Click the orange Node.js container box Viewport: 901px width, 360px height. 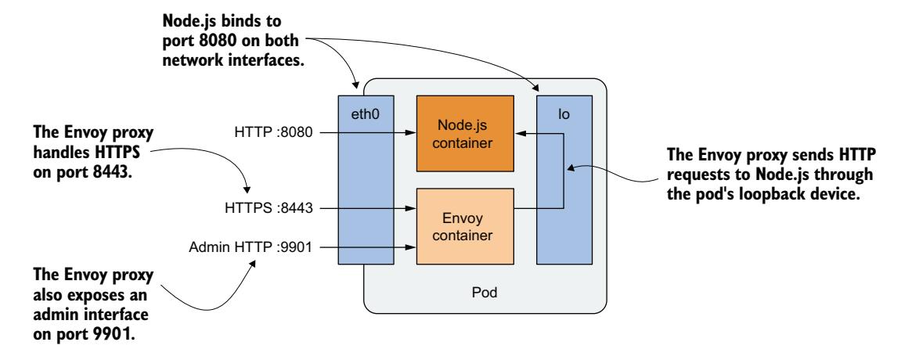pyautogui.click(x=464, y=133)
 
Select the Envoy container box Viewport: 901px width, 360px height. pyautogui.click(x=464, y=226)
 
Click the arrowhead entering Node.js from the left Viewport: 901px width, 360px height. pyautogui.click(x=411, y=134)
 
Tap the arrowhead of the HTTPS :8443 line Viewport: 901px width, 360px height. pyautogui.click(x=411, y=209)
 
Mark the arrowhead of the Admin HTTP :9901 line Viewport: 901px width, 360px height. pyautogui.click(x=411, y=247)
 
